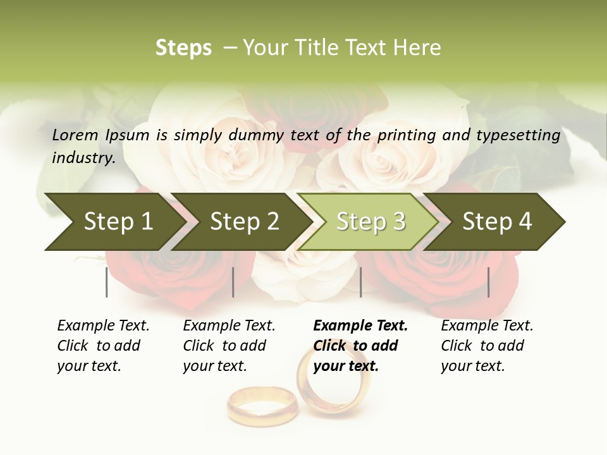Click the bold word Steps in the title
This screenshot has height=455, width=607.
(183, 48)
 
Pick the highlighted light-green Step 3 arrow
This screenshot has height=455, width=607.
(371, 222)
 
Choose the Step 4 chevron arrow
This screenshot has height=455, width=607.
(497, 222)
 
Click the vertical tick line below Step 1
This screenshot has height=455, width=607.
(107, 282)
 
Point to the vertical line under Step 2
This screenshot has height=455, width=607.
(233, 282)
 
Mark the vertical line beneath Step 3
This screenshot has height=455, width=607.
(360, 282)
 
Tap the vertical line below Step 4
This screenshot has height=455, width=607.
(488, 282)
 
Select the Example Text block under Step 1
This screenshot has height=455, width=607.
(103, 346)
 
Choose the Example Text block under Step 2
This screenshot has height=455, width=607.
(229, 346)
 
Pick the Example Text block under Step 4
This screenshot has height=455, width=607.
(487, 346)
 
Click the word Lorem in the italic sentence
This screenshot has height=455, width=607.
(75, 135)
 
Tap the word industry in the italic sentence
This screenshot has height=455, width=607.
(83, 158)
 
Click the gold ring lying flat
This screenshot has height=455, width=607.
(262, 406)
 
